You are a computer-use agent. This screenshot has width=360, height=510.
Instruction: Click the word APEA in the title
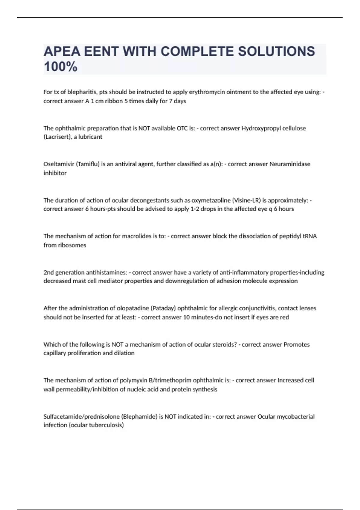(62, 52)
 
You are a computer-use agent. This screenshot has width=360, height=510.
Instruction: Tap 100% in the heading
(61, 67)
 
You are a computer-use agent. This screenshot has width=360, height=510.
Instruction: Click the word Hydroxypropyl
(259, 128)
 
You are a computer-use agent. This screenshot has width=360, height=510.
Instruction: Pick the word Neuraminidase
(290, 164)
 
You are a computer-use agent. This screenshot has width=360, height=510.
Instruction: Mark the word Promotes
(296, 345)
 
